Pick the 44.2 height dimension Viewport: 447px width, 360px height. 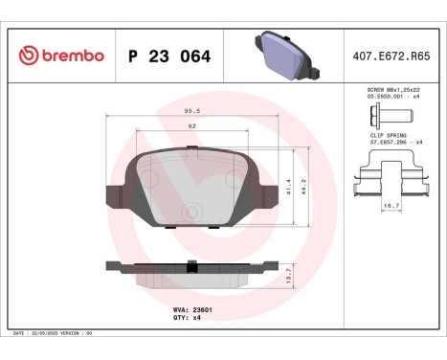point(305,184)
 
